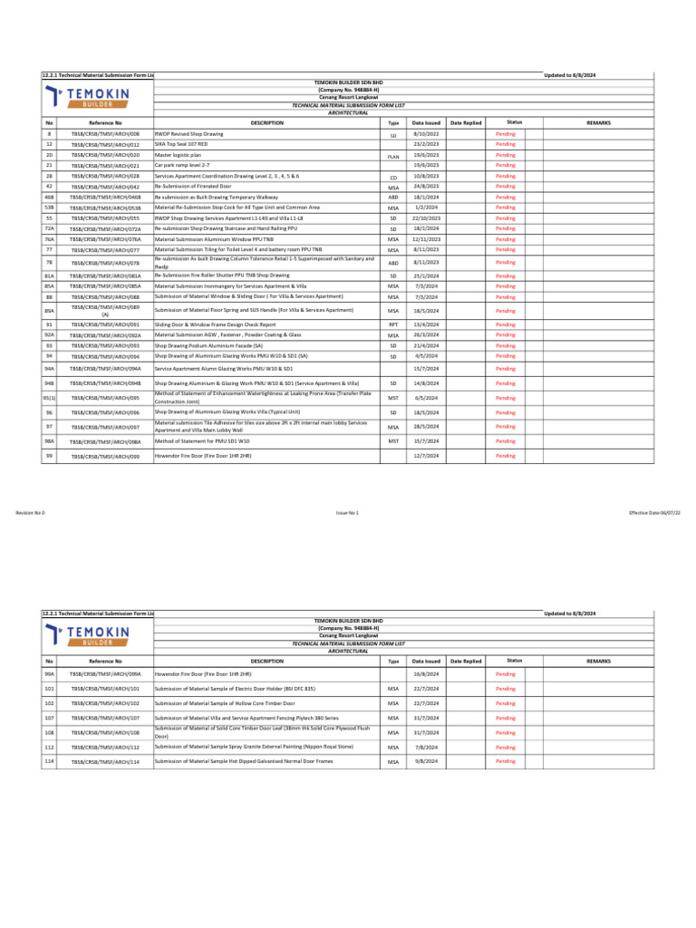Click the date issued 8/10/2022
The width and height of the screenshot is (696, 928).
426,133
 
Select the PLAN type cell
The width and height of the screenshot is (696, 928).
393,156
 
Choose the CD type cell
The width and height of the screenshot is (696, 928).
393,178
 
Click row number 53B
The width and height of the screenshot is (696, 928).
49,208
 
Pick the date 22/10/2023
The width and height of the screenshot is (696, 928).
426,217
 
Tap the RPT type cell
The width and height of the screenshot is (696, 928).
393,324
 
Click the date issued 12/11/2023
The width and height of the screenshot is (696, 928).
426,239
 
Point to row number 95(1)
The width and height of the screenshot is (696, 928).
49,398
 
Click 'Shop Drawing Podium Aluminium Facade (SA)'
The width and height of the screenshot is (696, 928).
208,345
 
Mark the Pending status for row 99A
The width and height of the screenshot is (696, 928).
505,675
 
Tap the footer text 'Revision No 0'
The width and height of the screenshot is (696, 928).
30,513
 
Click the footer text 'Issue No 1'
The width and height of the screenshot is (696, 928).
348,513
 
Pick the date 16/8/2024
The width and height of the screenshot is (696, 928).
426,675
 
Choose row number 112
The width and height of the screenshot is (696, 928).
49,748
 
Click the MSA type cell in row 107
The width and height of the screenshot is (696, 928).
393,718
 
